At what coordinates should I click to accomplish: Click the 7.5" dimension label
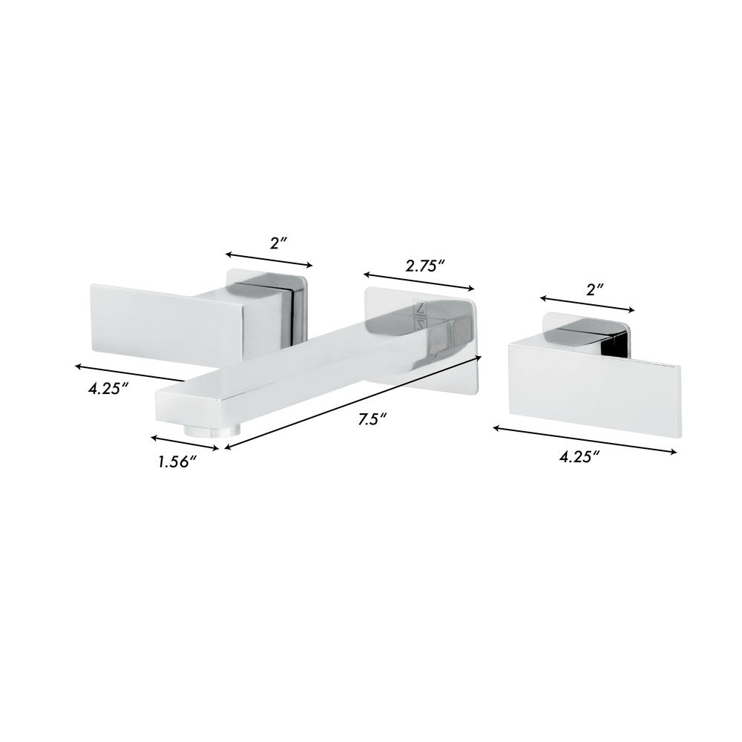point(369,420)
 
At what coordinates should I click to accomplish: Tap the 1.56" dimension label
point(177,462)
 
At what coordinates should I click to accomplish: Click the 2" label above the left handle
point(278,243)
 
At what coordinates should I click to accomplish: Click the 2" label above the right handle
point(596,289)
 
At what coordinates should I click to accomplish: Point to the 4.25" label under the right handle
point(580,458)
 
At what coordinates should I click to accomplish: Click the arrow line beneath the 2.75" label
point(419,280)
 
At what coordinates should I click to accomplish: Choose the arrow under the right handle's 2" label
point(587,305)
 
